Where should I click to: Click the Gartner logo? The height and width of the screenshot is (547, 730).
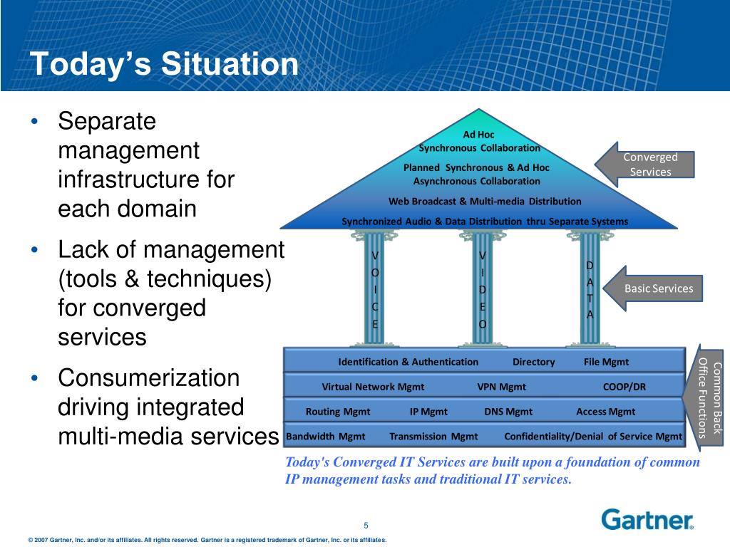tap(647, 519)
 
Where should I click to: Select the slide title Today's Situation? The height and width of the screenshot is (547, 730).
tap(164, 63)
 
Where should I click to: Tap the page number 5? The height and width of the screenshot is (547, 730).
tap(366, 525)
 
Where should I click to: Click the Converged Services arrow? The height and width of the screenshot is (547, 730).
tap(644, 165)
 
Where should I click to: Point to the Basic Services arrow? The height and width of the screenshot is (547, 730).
tap(653, 288)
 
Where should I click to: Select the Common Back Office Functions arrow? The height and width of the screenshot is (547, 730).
tap(703, 397)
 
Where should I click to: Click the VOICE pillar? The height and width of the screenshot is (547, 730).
tap(375, 289)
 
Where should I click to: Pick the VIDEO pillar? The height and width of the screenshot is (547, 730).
tap(483, 289)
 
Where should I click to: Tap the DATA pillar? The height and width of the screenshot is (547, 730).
tap(590, 289)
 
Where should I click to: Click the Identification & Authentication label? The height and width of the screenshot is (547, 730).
tap(408, 362)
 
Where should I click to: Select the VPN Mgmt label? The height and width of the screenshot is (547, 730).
tap(501, 387)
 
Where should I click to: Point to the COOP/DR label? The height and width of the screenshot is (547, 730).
tap(624, 387)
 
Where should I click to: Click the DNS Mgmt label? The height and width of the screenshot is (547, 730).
tap(508, 412)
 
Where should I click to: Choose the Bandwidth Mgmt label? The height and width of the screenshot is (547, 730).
tap(325, 437)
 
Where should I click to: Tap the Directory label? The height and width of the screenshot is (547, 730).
tap(533, 362)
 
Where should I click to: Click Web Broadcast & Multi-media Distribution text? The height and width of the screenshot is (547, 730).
tap(485, 202)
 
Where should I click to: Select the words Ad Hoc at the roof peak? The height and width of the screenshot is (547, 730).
tap(478, 135)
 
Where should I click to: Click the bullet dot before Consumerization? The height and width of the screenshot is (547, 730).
tap(34, 379)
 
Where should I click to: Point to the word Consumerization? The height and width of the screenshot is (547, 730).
tap(148, 377)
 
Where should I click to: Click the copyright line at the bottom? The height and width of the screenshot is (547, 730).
tap(207, 540)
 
